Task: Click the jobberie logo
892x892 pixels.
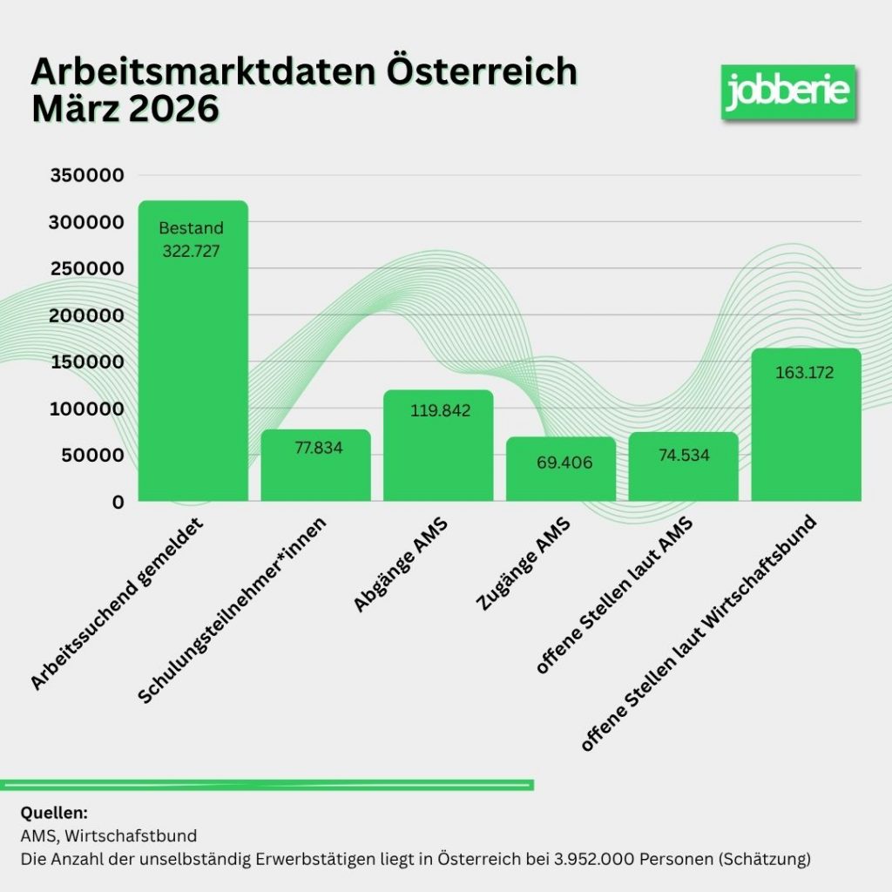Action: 787,91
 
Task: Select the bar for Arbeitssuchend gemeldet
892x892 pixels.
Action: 193,366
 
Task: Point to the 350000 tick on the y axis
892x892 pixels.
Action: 87,176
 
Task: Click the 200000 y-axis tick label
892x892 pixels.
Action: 87,315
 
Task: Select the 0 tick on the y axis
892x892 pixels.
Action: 118,502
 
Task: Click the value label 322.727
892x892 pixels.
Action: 193,251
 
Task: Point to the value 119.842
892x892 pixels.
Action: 439,410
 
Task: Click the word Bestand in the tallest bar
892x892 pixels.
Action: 192,229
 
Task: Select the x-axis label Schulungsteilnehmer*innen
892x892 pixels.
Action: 234,610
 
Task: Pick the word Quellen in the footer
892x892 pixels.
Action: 54,814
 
